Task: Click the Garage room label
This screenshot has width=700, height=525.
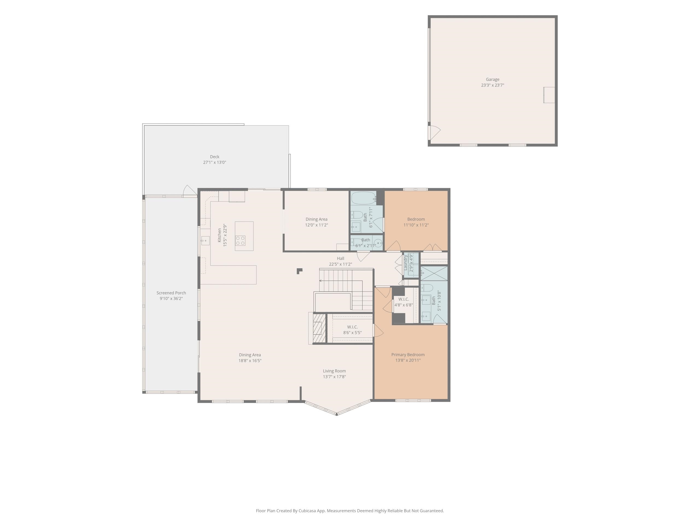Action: tap(492, 79)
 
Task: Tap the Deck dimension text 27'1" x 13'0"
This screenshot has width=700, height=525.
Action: tap(215, 162)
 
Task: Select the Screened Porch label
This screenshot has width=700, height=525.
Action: tap(171, 293)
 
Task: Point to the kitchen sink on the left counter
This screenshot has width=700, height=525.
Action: tap(205, 241)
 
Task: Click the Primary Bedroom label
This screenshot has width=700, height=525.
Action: tap(408, 354)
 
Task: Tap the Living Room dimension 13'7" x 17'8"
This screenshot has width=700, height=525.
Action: tap(334, 377)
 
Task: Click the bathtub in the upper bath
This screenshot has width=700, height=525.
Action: tap(364, 198)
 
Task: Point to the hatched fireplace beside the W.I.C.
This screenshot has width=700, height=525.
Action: tap(319, 328)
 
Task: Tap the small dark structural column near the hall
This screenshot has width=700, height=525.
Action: tap(299, 271)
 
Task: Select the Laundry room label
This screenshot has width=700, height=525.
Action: tap(406, 263)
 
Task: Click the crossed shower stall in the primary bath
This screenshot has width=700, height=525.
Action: tap(434, 274)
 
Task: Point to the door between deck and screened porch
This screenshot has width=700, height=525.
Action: tap(189, 191)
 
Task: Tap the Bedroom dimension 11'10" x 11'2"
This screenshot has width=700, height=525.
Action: tap(416, 225)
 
